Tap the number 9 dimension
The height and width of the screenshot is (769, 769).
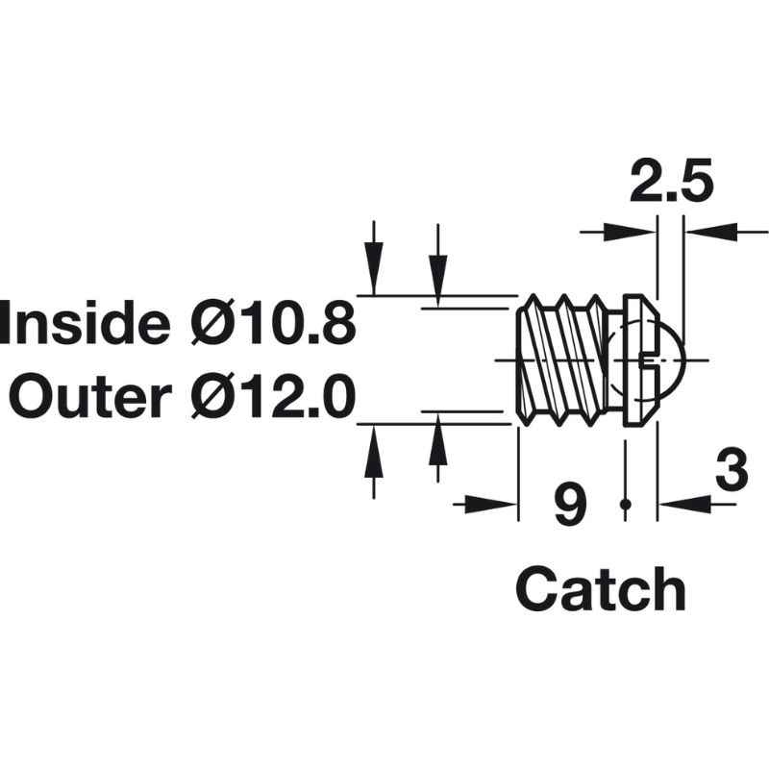(x=571, y=504)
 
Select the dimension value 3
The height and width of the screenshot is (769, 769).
(x=732, y=474)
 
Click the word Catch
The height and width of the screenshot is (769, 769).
(x=601, y=588)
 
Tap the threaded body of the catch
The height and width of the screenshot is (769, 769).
(x=561, y=358)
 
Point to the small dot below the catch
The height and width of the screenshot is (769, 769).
(x=626, y=504)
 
